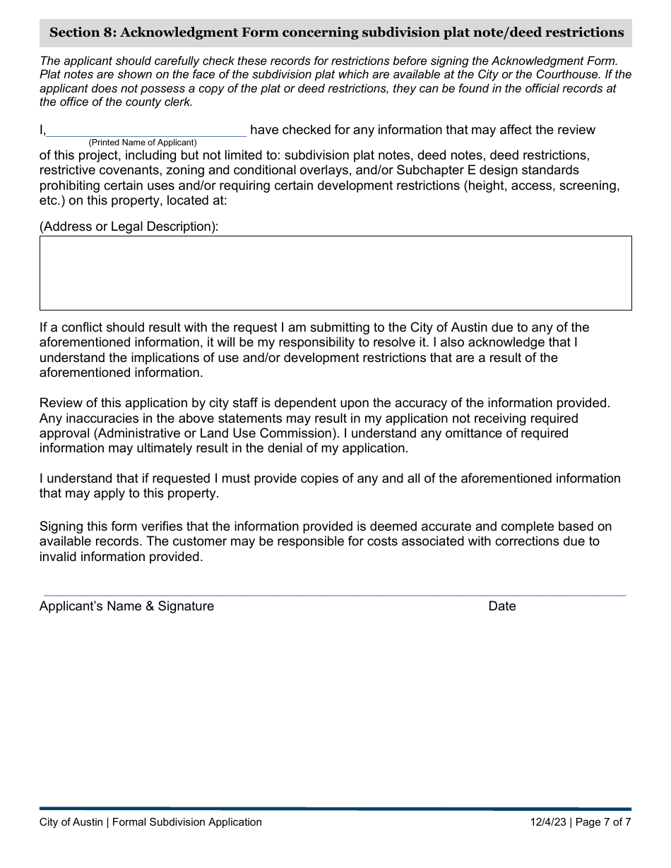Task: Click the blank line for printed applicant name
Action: pos(146,131)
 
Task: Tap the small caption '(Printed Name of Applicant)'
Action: pos(142,143)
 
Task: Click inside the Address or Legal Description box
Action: pos(335,273)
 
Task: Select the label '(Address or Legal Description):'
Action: pos(129,227)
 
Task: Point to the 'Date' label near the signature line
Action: pos(501,606)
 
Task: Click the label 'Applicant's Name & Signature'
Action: pos(126,606)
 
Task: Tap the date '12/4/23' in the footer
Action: pos(549,822)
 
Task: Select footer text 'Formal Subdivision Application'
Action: pos(186,822)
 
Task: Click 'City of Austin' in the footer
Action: pos(71,822)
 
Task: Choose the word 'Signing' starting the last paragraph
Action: pos(61,526)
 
